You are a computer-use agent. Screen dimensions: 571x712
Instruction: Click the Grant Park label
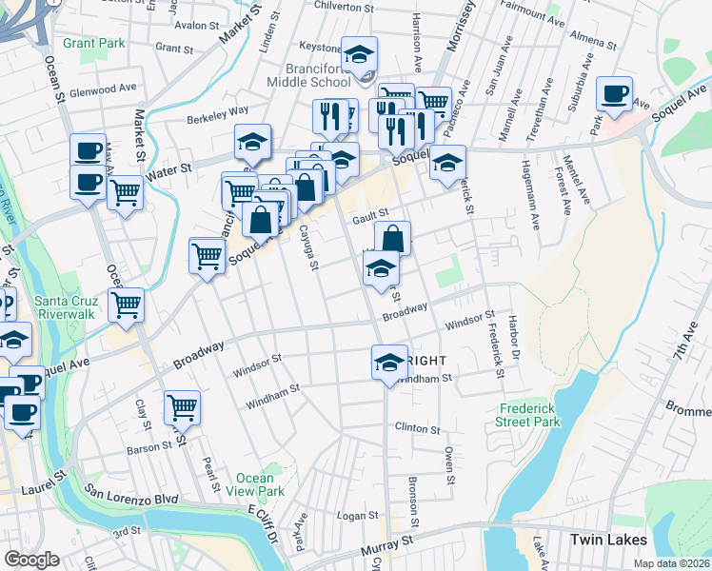click(94, 43)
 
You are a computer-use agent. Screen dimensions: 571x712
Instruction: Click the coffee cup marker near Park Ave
click(615, 94)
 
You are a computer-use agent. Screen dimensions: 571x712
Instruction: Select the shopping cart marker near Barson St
click(182, 407)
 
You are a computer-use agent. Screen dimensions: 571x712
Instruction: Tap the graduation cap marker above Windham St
click(388, 362)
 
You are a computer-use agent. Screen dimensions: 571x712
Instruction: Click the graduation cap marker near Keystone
click(360, 53)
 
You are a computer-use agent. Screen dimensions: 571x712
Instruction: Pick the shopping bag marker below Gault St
click(392, 238)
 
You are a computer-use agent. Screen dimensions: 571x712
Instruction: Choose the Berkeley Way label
click(218, 112)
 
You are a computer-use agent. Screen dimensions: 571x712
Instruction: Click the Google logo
click(31, 560)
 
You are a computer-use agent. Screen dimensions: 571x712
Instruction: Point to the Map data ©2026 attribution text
click(670, 563)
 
